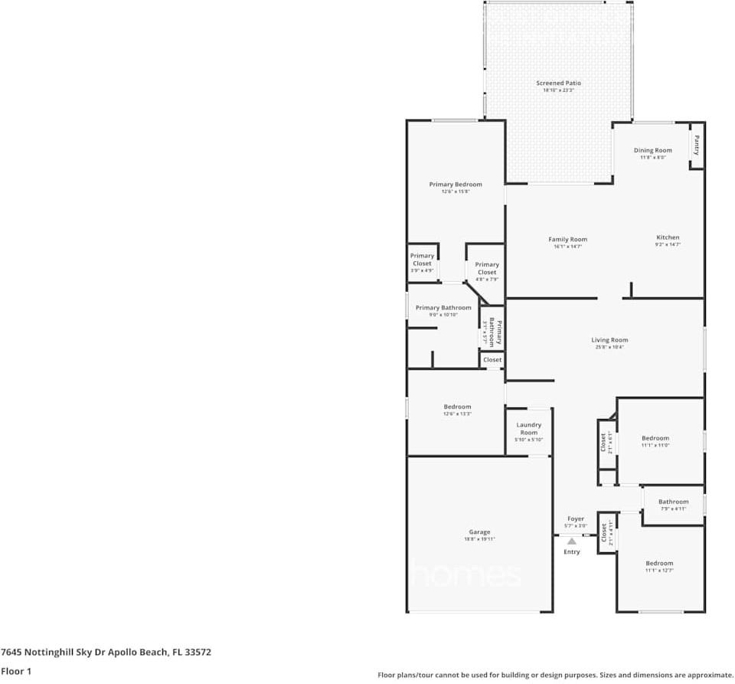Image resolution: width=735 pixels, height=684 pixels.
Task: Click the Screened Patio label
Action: coord(558,83)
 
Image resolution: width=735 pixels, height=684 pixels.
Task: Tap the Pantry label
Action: coord(696,145)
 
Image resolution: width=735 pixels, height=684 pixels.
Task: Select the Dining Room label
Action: coord(652,150)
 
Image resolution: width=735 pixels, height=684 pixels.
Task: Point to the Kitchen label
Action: coord(668,237)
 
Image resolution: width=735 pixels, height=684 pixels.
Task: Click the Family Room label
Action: coord(567,240)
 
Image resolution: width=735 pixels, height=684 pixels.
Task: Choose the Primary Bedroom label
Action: coord(456,185)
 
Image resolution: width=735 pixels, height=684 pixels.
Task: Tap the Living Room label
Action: coord(609,340)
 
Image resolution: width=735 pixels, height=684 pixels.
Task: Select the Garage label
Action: coord(479,532)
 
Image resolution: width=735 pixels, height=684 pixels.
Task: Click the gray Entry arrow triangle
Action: coord(571,541)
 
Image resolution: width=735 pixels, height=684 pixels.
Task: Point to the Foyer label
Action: coord(575,519)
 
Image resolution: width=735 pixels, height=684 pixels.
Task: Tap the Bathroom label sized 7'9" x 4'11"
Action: coord(673,502)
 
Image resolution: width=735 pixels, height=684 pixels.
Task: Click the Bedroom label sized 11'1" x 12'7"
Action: coord(659,563)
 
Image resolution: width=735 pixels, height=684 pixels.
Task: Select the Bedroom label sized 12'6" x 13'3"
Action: coord(457,407)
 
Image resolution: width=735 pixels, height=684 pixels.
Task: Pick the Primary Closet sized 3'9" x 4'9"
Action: coord(422,260)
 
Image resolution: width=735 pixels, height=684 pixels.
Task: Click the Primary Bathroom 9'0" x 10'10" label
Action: coord(443,308)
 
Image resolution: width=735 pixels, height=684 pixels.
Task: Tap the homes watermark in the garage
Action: coord(467,574)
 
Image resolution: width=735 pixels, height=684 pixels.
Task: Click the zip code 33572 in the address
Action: coord(195,653)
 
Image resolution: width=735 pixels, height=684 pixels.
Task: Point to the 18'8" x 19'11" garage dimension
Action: coord(479,539)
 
